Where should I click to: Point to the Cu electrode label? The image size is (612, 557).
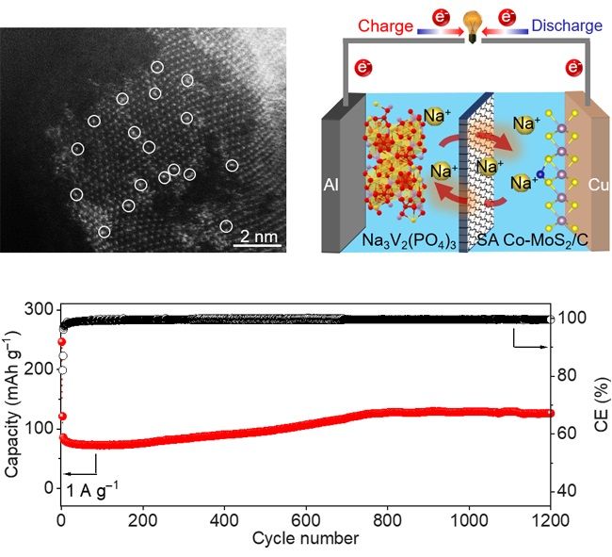(x=586, y=185)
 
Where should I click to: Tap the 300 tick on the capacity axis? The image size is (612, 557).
(x=40, y=310)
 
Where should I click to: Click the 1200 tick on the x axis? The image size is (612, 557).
(x=550, y=521)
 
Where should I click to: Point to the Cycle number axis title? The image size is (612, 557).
(x=304, y=540)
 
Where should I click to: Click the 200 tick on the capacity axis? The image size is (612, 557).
(x=40, y=369)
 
